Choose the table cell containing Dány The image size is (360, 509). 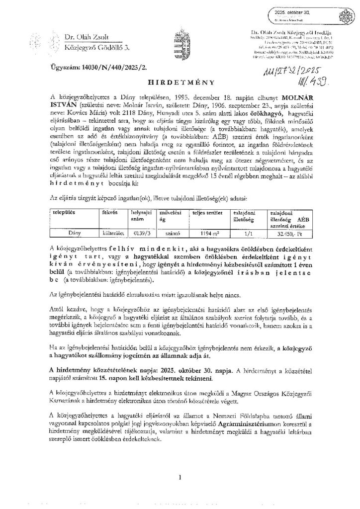tap(74, 231)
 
